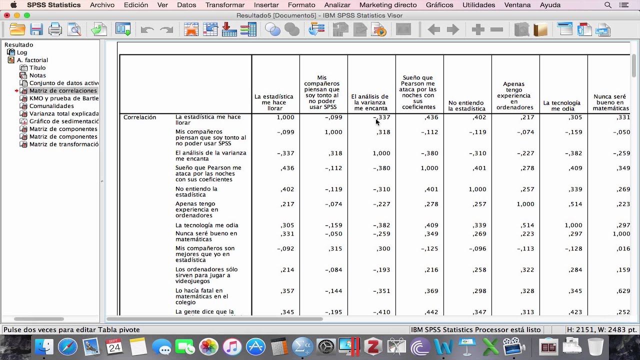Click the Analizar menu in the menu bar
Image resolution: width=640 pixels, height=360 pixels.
tap(337, 5)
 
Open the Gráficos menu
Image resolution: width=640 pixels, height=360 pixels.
tap(439, 5)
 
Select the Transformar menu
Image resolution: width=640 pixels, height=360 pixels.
tap(225, 5)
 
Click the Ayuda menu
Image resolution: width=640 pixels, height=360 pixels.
tap(550, 5)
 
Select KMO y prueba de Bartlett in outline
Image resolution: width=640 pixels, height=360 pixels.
tap(63, 98)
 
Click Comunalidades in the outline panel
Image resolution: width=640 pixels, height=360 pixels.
tap(51, 106)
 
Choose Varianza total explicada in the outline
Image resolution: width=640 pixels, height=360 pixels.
tap(63, 113)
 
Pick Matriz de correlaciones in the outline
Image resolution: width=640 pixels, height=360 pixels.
tap(62, 90)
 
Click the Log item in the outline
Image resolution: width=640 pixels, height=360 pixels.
tap(22, 52)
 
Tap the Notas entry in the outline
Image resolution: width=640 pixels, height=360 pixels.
tap(37, 75)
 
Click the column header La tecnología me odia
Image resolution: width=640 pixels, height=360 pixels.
tap(562, 105)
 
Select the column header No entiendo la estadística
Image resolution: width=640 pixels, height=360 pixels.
tap(467, 105)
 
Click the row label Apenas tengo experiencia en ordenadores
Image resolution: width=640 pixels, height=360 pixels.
tap(197, 210)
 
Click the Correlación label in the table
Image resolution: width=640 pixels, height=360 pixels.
tap(140, 117)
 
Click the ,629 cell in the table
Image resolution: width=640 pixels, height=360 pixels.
tap(623, 291)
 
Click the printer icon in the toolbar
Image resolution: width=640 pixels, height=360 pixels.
tap(55, 29)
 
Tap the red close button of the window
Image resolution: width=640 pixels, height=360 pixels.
tap(6, 15)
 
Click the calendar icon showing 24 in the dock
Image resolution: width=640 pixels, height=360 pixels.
tap(114, 346)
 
